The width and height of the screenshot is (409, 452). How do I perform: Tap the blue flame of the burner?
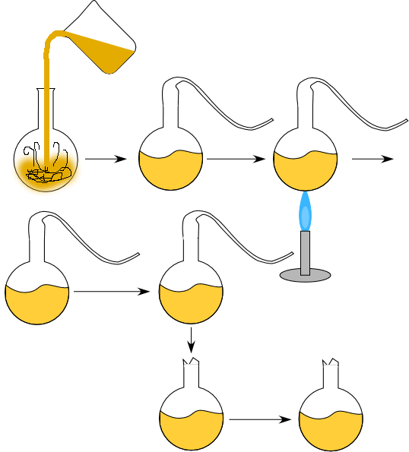point(305,213)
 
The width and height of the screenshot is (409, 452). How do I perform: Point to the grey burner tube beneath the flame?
point(305,252)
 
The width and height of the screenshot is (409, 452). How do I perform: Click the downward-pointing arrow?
point(191,338)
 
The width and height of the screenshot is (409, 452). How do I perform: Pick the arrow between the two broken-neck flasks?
point(261,419)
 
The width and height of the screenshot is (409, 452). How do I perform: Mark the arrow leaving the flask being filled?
point(105,160)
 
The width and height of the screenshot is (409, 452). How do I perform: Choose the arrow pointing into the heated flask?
point(236,160)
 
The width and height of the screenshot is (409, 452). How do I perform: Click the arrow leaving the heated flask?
point(371,159)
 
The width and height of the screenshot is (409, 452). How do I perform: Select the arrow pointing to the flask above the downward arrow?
point(111,291)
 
